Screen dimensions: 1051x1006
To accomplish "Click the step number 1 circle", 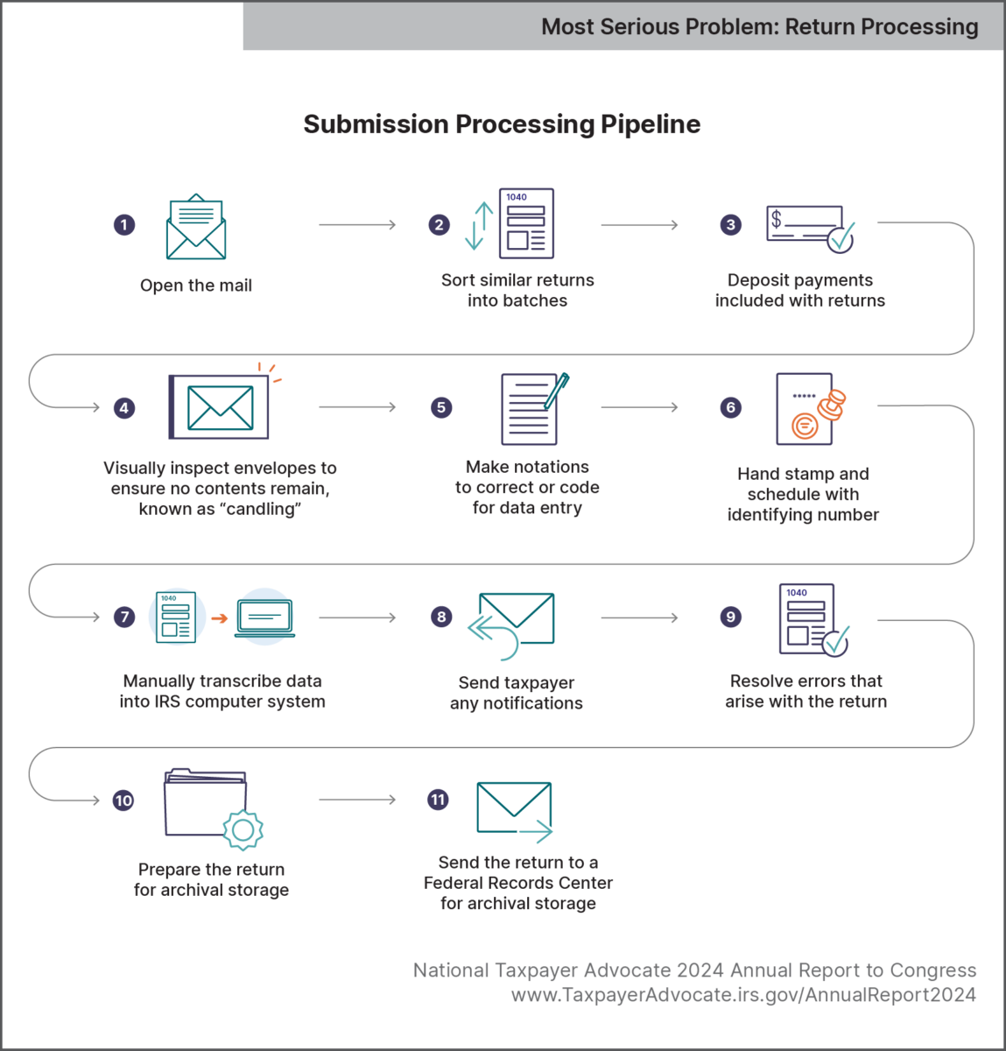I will [124, 225].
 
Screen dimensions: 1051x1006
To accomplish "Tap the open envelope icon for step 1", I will [196, 227].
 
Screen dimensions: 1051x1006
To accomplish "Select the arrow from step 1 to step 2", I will [357, 225].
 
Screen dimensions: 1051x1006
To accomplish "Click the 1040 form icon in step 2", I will [526, 223].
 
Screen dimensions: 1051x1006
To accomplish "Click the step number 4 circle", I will [124, 407].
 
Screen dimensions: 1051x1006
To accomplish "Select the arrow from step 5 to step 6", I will [639, 407].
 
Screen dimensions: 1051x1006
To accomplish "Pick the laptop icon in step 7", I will [264, 618].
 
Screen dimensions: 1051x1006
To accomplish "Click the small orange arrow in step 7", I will [219, 618].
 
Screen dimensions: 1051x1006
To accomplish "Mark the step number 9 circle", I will [730, 617].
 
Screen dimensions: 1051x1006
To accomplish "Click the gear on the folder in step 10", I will [243, 829].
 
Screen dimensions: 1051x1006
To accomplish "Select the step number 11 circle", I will [438, 800].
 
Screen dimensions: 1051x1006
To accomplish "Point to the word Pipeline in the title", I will [651, 124].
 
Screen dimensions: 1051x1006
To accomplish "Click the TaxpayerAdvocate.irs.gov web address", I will [743, 995].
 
